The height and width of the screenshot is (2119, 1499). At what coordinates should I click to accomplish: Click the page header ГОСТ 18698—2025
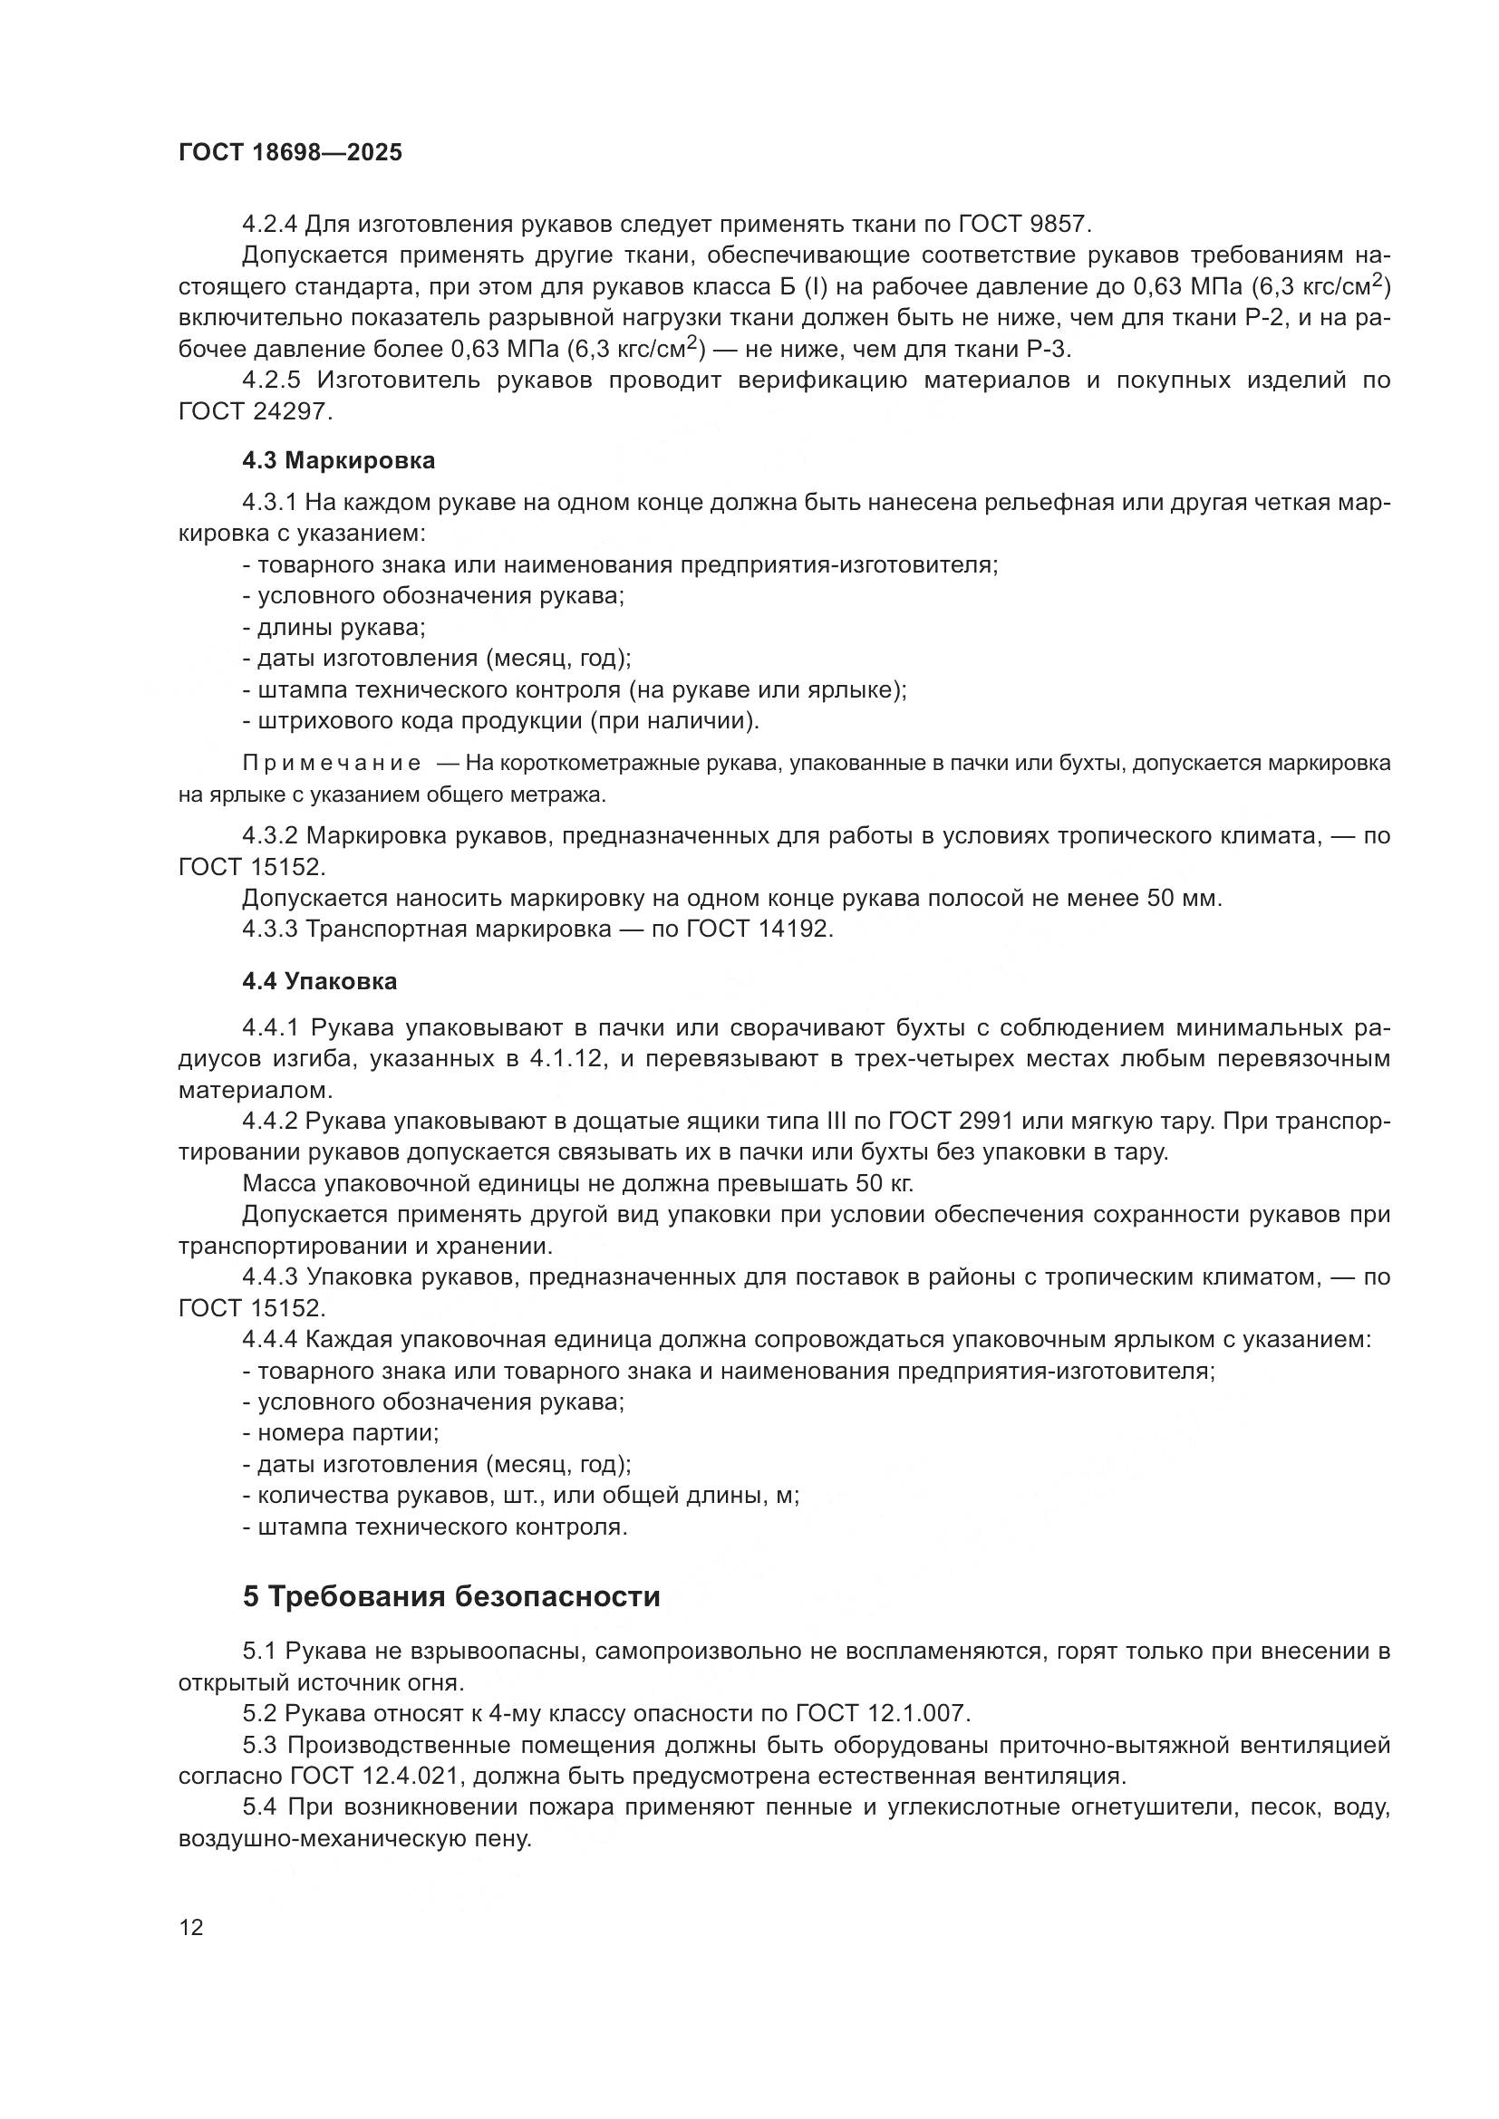(290, 152)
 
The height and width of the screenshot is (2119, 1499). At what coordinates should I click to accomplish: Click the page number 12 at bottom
(191, 1927)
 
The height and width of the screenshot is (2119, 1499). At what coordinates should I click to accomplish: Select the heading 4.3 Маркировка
(338, 459)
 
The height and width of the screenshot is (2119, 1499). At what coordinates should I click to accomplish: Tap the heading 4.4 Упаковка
(319, 981)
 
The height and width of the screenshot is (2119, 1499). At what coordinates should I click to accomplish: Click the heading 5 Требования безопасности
(451, 1596)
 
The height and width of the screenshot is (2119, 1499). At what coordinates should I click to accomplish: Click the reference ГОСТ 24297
(253, 411)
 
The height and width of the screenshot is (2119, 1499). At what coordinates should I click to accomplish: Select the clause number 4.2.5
(271, 380)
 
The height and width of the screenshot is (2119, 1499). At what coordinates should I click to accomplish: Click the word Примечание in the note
(332, 763)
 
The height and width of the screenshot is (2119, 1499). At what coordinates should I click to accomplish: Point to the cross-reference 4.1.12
(567, 1058)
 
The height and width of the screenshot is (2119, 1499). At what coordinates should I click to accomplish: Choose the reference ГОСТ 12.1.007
(881, 1714)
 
